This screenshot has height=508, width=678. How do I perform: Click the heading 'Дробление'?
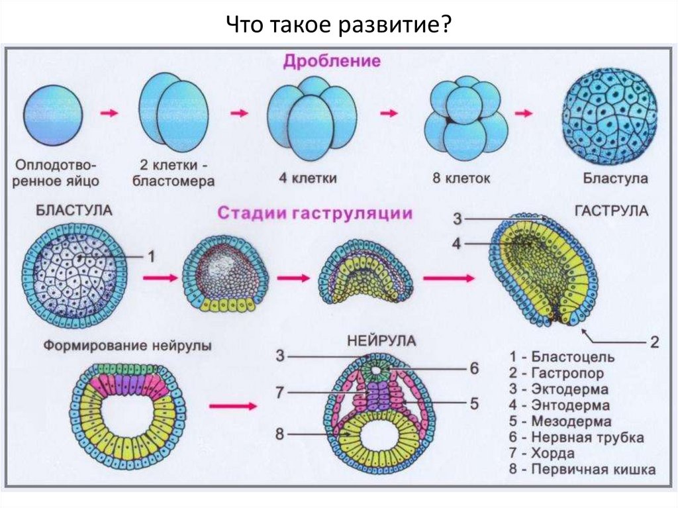point(332,62)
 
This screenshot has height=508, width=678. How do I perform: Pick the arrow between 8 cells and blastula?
point(524,114)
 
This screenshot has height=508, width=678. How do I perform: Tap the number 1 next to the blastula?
point(151,256)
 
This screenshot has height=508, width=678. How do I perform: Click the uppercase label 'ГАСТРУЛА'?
point(612,211)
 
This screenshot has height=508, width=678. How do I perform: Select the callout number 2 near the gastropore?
point(654,342)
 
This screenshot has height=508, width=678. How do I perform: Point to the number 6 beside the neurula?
point(474,369)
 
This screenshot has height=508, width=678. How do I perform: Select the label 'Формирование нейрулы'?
point(128,346)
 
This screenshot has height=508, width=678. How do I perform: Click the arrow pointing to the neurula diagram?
point(232,406)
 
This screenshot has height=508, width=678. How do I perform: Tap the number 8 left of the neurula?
point(280,434)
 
